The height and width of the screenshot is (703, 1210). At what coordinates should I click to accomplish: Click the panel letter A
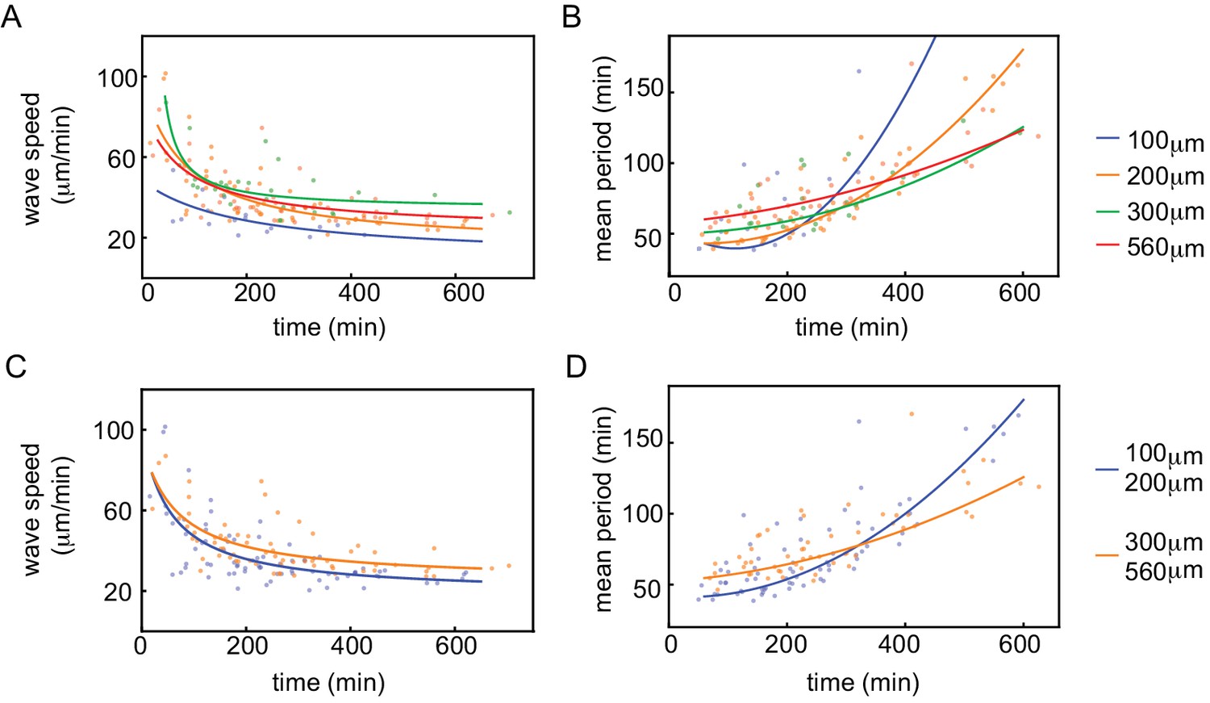11,16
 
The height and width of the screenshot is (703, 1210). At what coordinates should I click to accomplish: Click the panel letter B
571,16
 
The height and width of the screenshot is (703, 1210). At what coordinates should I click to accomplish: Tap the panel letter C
15,366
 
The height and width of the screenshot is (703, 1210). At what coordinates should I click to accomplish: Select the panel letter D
576,366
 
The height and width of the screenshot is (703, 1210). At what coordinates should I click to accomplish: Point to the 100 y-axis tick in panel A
117,78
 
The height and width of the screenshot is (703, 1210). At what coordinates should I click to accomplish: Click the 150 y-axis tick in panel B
644,89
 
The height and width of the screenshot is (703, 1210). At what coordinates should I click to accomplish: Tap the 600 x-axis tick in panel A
463,292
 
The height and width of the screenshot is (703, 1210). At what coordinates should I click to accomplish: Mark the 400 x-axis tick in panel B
902,292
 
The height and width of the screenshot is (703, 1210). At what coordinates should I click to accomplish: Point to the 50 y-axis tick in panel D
647,589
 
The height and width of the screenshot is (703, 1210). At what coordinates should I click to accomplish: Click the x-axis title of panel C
328,683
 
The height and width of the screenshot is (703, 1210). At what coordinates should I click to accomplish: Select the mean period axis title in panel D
603,509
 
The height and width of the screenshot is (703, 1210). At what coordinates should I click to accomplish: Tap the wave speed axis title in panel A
44,158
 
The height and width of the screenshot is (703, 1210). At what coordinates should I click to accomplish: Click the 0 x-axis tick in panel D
671,644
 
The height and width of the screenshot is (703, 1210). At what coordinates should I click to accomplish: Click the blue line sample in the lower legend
1106,468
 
